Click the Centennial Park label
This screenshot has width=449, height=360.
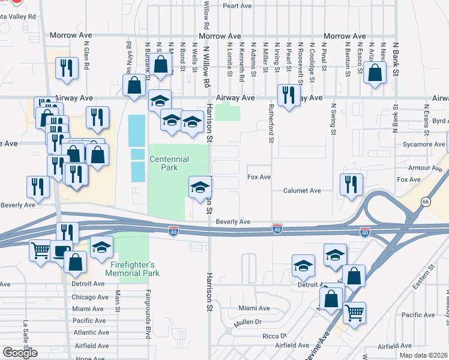click(169, 163)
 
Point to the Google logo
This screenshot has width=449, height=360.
click(20, 353)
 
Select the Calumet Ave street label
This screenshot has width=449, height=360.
click(303, 191)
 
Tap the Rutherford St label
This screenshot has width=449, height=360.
click(271, 124)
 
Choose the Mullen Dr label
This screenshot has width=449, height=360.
click(250, 322)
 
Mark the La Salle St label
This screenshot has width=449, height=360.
click(26, 331)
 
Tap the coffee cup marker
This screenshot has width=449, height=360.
click(61, 251)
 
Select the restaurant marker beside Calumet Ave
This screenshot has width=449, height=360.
click(351, 184)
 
